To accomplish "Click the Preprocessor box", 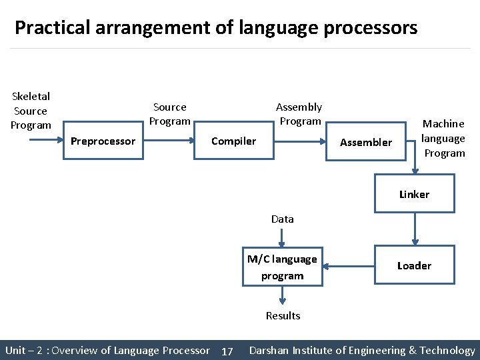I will (x=103, y=141).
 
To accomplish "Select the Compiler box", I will (x=233, y=141).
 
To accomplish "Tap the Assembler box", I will (x=366, y=141).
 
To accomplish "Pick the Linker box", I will (x=414, y=194).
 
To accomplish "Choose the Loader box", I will (x=414, y=265).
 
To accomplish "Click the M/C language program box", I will (x=282, y=267).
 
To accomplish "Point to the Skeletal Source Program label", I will (x=31, y=111).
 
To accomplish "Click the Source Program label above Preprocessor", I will (x=170, y=114).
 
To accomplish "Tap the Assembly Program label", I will (x=299, y=114).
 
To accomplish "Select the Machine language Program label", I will (x=444, y=138).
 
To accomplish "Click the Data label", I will (x=282, y=219).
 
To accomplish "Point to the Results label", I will (x=283, y=315).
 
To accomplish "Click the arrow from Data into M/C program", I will (x=282, y=238).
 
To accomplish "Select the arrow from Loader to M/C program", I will (x=349, y=265).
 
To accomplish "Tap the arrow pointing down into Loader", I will (x=415, y=229).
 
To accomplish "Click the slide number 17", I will (x=227, y=351).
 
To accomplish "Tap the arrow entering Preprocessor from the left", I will (x=46, y=140).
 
